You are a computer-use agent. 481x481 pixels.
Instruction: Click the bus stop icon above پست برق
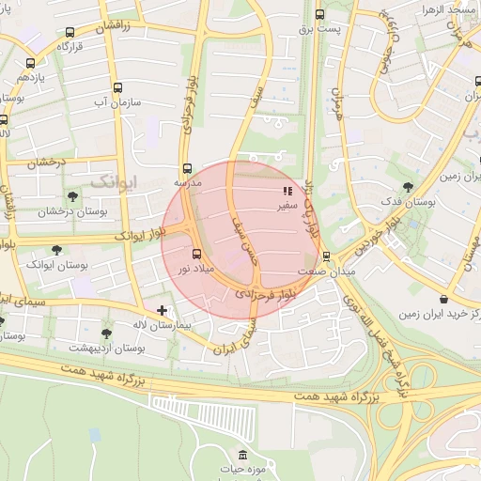[x=319, y=14]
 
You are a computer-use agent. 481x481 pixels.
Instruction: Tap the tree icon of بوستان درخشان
[x=72, y=196]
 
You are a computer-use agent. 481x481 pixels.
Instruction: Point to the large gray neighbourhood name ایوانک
[x=113, y=178]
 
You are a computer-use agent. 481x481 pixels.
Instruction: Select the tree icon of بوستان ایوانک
[x=57, y=250]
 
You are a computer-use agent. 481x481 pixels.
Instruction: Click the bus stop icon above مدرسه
[x=185, y=169]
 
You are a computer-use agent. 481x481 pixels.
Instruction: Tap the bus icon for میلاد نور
[x=196, y=254]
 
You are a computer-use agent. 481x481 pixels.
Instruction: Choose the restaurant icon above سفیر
[x=287, y=191]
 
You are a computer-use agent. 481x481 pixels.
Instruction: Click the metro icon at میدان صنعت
[x=326, y=256]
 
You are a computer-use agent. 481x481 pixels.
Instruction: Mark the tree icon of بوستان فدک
[x=407, y=187]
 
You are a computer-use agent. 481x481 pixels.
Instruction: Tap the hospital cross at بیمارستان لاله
[x=163, y=309]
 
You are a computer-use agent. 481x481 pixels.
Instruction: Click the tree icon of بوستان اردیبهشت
[x=105, y=333]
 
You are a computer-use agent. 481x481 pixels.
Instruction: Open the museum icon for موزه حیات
[x=242, y=455]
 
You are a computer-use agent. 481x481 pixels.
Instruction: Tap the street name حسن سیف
[x=247, y=237]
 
